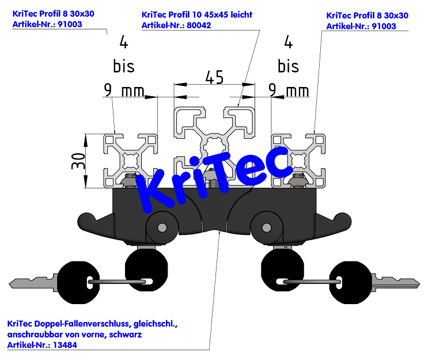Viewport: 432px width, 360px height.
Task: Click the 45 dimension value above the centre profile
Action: pyautogui.click(x=214, y=77)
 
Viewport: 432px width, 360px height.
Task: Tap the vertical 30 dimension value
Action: pyautogui.click(x=78, y=161)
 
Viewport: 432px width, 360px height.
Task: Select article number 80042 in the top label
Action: pyautogui.click(x=199, y=25)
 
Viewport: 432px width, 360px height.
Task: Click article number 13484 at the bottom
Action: pyautogui.click(x=65, y=345)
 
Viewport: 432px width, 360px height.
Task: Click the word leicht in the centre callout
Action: pyautogui.click(x=241, y=14)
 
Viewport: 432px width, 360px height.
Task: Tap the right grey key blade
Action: pyautogui.click(x=396, y=283)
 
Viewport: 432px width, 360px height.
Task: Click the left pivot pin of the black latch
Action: pyautogui.click(x=162, y=228)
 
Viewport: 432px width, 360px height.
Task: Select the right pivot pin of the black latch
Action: pyautogui.click(x=267, y=228)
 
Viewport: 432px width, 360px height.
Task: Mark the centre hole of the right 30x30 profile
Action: pyautogui.click(x=298, y=161)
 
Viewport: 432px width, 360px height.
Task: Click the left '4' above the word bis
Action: pyautogui.click(x=124, y=43)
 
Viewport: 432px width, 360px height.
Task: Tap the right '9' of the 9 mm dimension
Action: pyautogui.click(x=272, y=90)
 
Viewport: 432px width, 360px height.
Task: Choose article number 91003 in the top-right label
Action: pyautogui.click(x=384, y=26)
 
